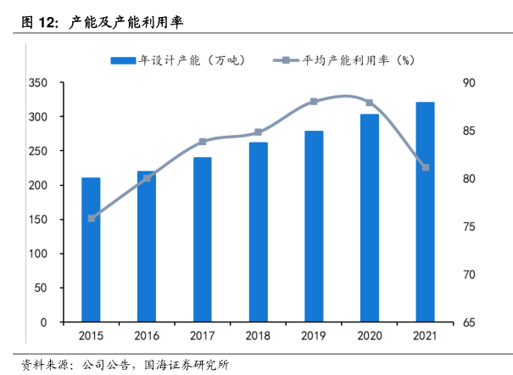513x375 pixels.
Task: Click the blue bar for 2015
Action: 91,249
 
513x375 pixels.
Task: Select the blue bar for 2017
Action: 202,239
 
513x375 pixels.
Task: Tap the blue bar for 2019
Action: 314,227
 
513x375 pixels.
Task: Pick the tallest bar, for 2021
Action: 425,212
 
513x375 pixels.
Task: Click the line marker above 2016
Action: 147,178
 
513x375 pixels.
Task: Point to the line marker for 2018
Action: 258,132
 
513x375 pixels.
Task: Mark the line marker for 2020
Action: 369,103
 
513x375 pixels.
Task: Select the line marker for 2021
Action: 425,167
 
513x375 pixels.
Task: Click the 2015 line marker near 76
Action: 91,218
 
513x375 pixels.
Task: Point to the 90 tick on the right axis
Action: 469,83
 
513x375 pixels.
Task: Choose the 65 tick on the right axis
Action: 469,323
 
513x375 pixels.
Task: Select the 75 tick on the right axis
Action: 469,227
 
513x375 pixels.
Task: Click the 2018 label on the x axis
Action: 258,336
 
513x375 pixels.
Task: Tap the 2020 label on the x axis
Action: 369,336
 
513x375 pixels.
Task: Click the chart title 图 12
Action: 36,20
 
